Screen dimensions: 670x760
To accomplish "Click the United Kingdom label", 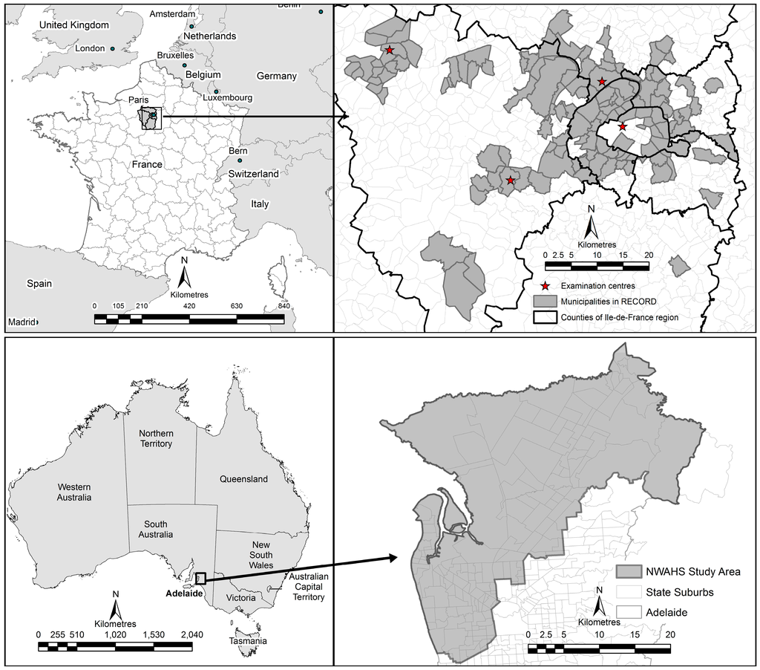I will [x=73, y=25].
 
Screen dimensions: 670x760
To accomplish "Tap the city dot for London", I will [x=113, y=49].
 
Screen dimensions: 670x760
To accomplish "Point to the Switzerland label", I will [x=254, y=174].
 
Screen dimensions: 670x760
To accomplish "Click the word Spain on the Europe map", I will [x=39, y=283].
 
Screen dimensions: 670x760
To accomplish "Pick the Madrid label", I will [x=22, y=322].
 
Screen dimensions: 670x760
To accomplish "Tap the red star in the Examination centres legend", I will [x=546, y=286].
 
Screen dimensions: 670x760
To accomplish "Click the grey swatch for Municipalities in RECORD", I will [x=546, y=302].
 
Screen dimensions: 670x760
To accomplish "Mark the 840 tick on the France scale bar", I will [x=284, y=305].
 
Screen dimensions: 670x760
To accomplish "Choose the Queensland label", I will [x=243, y=479].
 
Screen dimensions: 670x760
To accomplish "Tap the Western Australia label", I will [x=73, y=492].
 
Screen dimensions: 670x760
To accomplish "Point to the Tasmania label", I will [x=248, y=641].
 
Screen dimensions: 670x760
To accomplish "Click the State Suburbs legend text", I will [x=664, y=592].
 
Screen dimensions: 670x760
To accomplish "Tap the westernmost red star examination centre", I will [x=390, y=51].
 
